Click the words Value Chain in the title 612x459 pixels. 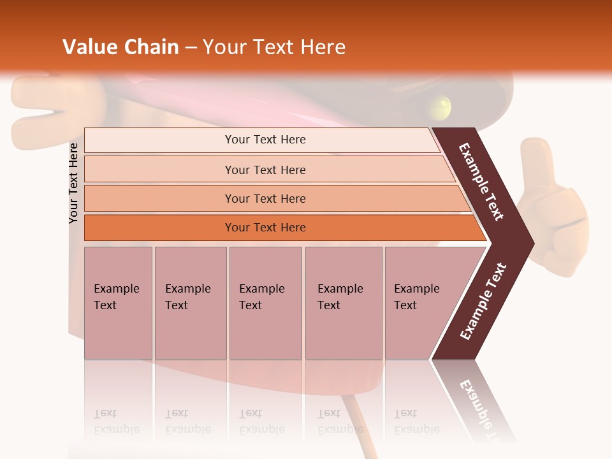tap(120, 47)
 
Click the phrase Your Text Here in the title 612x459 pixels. tap(274, 47)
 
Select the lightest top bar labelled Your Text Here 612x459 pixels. tap(265, 140)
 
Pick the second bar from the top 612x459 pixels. tap(265, 170)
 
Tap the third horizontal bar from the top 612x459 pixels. tap(265, 198)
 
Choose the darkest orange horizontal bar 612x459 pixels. tap(265, 228)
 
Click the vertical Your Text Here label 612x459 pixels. tap(73, 183)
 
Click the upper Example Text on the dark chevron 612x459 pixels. tap(482, 182)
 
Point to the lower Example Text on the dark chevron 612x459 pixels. tap(483, 301)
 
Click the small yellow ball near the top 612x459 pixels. tap(440, 106)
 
